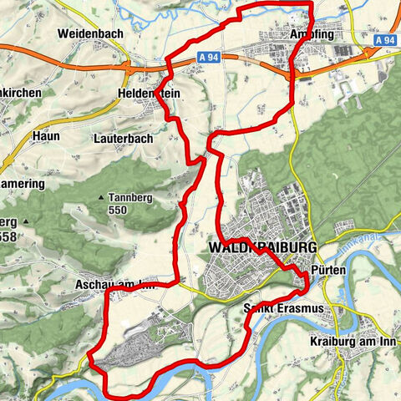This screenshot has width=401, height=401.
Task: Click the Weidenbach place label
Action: pyautogui.click(x=90, y=34)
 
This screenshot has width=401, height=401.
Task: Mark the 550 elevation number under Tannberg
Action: pyautogui.click(x=118, y=212)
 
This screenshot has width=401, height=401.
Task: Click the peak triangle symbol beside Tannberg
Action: pyautogui.click(x=101, y=198)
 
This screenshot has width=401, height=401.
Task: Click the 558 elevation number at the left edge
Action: pyautogui.click(x=8, y=237)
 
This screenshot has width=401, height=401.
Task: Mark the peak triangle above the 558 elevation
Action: pyautogui.click(x=26, y=222)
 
